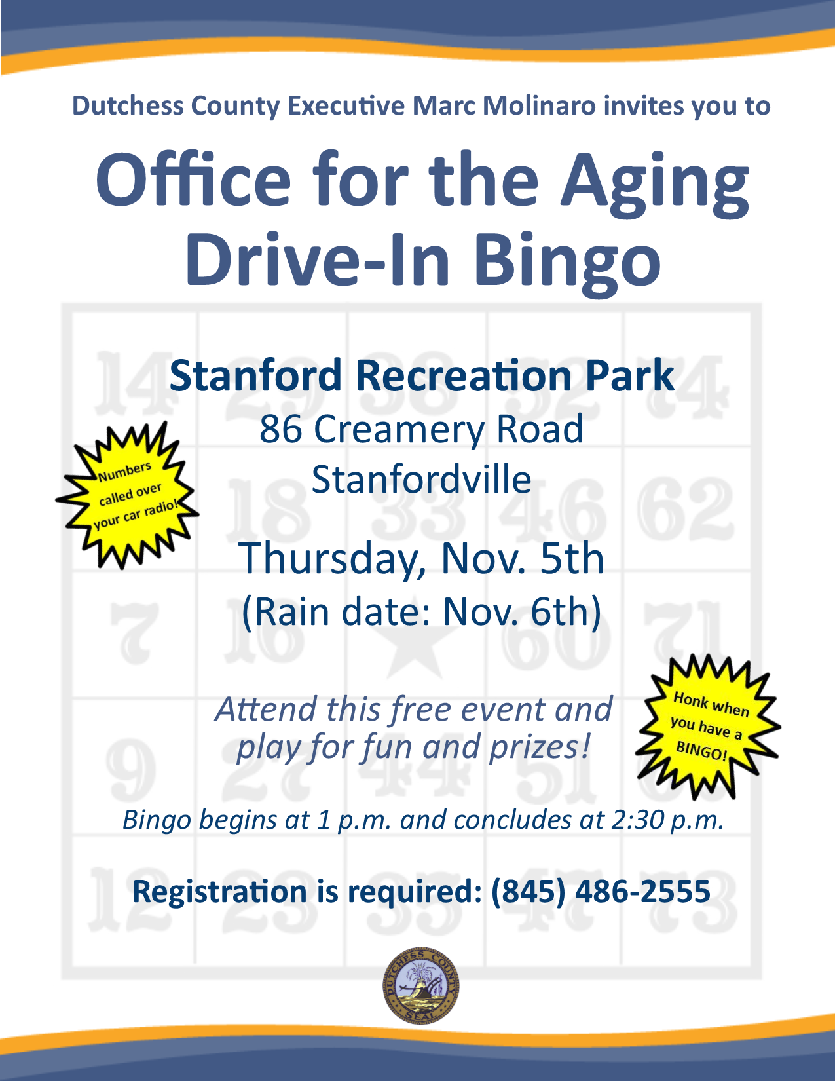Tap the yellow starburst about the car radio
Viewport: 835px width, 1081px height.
click(127, 495)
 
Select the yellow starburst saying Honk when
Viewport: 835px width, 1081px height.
click(708, 727)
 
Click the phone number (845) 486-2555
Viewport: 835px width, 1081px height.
click(601, 891)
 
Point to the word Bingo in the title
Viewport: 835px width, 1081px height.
click(567, 260)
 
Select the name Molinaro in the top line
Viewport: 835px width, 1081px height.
click(539, 105)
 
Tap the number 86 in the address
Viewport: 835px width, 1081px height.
click(280, 429)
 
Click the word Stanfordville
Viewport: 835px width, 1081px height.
click(421, 479)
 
